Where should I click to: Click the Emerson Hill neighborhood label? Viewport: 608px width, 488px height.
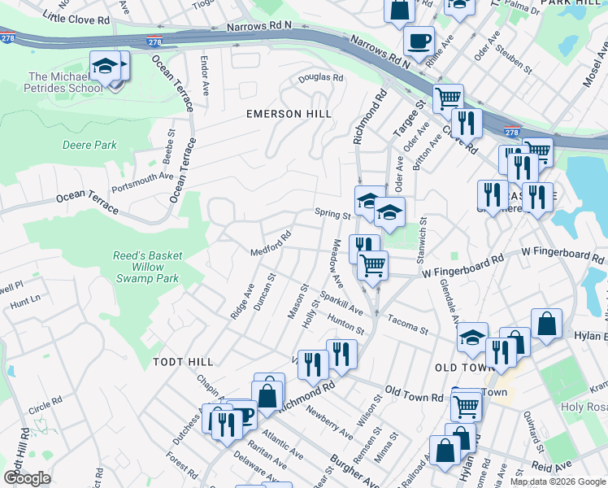(289, 114)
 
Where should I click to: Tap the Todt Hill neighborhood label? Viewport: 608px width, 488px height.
(183, 361)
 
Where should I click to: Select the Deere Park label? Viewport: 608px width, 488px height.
(89, 146)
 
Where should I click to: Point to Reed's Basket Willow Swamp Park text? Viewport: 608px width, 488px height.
(147, 267)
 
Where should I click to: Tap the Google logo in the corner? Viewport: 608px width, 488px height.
(28, 477)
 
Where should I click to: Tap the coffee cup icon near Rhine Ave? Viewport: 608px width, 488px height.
(419, 40)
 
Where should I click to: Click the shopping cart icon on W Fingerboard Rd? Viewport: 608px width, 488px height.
(372, 264)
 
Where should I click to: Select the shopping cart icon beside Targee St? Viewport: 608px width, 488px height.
(448, 98)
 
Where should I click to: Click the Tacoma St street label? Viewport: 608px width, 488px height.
(407, 324)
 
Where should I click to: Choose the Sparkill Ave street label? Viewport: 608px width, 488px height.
(341, 302)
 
